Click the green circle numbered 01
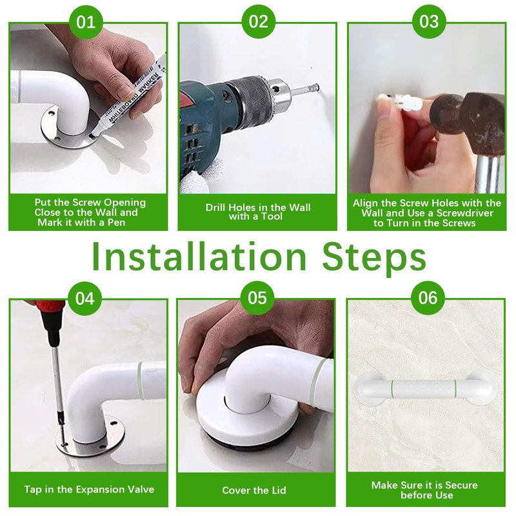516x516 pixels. [86, 22]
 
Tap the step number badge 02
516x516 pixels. [259, 21]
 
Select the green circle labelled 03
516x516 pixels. [429, 21]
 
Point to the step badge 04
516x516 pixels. [85, 298]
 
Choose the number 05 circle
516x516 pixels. [257, 298]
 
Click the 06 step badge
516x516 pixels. [428, 298]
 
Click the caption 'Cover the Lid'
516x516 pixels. [254, 490]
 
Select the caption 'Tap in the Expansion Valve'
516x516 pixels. [89, 490]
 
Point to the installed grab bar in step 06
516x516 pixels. [426, 388]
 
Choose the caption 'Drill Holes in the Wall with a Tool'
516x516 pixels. [257, 212]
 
